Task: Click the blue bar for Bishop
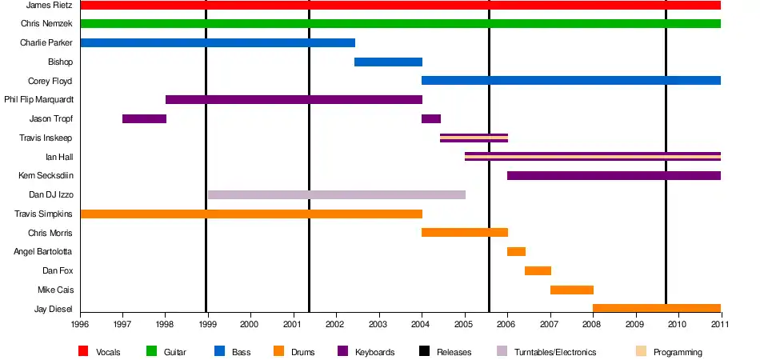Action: pyautogui.click(x=388, y=62)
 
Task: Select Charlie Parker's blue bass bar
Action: pyautogui.click(x=218, y=42)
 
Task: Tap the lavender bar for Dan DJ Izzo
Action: pyautogui.click(x=337, y=194)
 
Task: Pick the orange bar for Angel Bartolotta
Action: pyautogui.click(x=516, y=251)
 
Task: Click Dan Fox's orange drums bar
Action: pyautogui.click(x=538, y=270)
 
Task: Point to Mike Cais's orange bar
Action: pyautogui.click(x=572, y=290)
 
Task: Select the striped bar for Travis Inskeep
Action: pyautogui.click(x=474, y=138)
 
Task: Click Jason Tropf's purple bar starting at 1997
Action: pyautogui.click(x=145, y=118)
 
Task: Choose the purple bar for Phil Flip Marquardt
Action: pyautogui.click(x=294, y=100)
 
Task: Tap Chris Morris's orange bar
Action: pyautogui.click(x=465, y=233)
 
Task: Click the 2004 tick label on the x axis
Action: pyautogui.click(x=422, y=322)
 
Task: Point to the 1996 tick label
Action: pyautogui.click(x=81, y=322)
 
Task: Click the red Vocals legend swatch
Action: pyautogui.click(x=83, y=351)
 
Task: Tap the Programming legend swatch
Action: pyautogui.click(x=642, y=351)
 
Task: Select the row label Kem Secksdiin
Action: pyautogui.click(x=46, y=175)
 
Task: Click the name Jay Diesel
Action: pyautogui.click(x=54, y=309)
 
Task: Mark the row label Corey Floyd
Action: pyautogui.click(x=50, y=81)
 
